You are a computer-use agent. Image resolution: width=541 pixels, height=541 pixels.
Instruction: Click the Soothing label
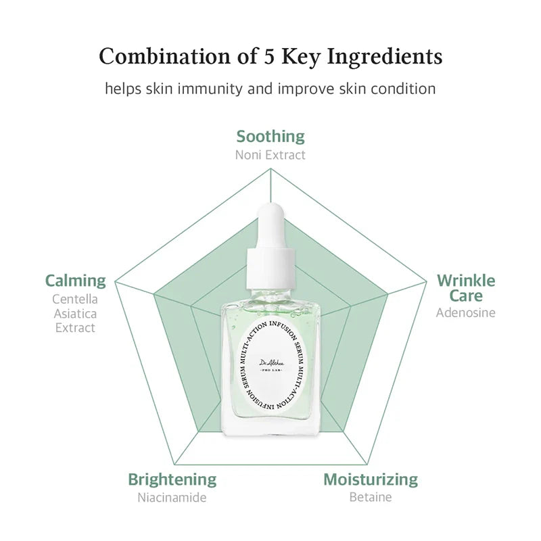click(x=270, y=137)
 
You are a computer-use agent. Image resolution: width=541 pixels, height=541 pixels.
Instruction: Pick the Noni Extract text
click(x=270, y=155)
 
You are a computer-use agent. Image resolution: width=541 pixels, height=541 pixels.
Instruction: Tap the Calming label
click(x=76, y=280)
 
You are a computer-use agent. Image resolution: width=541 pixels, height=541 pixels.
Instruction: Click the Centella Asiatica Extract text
click(x=74, y=313)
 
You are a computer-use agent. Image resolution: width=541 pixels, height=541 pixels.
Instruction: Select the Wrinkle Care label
click(x=466, y=287)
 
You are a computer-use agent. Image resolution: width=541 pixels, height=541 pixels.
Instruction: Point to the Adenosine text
click(x=466, y=312)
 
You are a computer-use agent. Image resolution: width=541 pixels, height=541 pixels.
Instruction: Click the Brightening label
click(x=172, y=479)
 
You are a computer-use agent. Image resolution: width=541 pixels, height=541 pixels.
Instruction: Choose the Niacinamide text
click(x=172, y=498)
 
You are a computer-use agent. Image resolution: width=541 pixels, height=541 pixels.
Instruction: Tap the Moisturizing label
click(x=371, y=479)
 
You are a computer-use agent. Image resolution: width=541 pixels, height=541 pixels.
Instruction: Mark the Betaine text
click(x=371, y=498)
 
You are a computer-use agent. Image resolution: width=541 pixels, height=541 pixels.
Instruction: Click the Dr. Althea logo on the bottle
click(x=270, y=364)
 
